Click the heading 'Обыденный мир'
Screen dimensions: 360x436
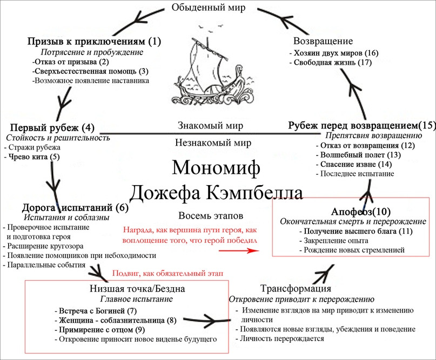216,8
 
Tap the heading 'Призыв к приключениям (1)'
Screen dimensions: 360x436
94,42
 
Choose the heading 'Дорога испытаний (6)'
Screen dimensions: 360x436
75,207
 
